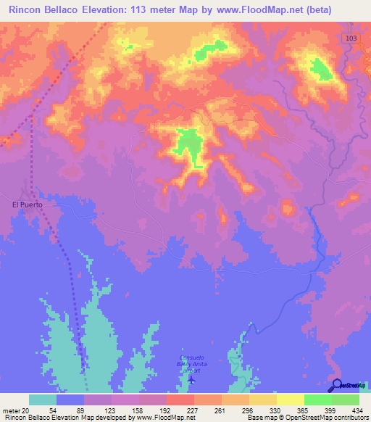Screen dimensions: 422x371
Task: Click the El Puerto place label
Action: coord(29,205)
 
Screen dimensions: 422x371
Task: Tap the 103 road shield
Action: coord(350,36)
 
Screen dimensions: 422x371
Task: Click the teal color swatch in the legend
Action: coord(43,400)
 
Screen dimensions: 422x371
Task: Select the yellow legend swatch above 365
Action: coord(290,400)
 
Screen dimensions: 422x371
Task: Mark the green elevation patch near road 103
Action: coord(320,69)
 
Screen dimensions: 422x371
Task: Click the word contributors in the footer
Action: coord(347,418)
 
